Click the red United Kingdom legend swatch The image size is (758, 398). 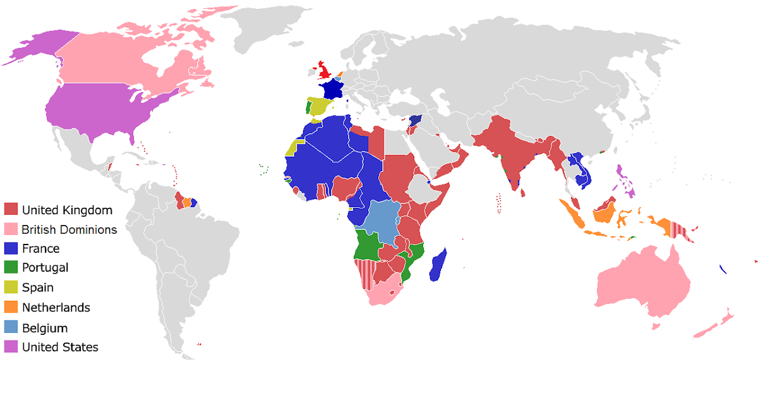pyautogui.click(x=11, y=209)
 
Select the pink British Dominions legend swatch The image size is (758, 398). pyautogui.click(x=11, y=229)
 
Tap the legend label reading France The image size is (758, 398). pyautogui.click(x=40, y=248)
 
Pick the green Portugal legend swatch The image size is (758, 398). pyautogui.click(x=11, y=268)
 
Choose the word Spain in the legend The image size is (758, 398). pyautogui.click(x=37, y=287)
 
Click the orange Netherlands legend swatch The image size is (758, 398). pyautogui.click(x=11, y=307)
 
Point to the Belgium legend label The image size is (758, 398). pyautogui.click(x=44, y=328)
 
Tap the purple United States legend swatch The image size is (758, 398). pyautogui.click(x=11, y=347)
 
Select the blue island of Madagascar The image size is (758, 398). pyautogui.click(x=438, y=265)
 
